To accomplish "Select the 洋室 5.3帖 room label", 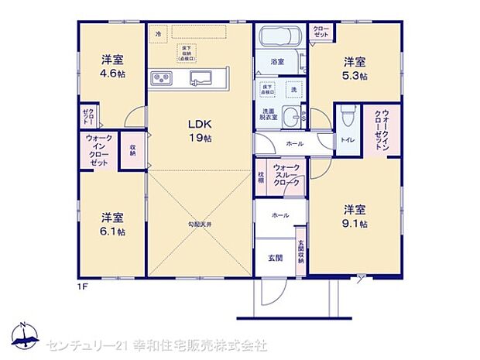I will pos(355,68).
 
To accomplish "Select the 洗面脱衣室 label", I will pos(267,115).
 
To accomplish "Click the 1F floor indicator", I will pos(81,288).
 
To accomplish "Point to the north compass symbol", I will pos(26,335).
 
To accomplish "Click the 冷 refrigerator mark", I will pos(159,34).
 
